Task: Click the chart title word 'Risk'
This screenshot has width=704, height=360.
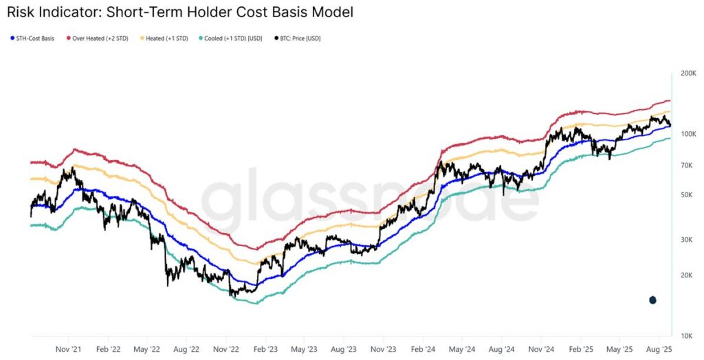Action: pyautogui.click(x=21, y=12)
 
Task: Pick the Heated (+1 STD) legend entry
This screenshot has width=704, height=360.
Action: pyautogui.click(x=165, y=38)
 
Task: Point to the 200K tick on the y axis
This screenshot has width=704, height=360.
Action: pyautogui.click(x=687, y=72)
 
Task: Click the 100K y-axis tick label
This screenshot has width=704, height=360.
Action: pyautogui.click(x=687, y=134)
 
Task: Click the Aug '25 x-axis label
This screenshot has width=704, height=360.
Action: pyautogui.click(x=659, y=349)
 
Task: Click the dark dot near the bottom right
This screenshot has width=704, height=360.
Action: pyautogui.click(x=652, y=300)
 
